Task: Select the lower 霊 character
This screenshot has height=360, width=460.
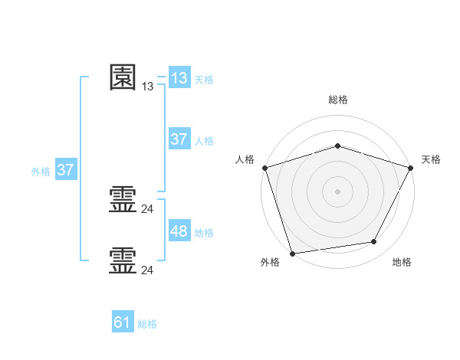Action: pyautogui.click(x=123, y=260)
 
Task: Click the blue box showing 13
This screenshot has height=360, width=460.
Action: pyautogui.click(x=179, y=77)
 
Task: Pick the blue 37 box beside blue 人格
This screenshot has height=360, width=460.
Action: pyautogui.click(x=179, y=139)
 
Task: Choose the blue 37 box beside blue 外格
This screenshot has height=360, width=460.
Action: pyautogui.click(x=66, y=170)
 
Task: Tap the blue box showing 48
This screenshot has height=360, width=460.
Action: pyautogui.click(x=179, y=231)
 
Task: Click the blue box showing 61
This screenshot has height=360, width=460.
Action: pyautogui.click(x=123, y=322)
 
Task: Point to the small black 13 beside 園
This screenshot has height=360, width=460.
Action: pyautogui.click(x=147, y=87)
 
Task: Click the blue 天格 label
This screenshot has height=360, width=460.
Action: pyautogui.click(x=204, y=80)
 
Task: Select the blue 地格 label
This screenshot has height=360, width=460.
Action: pyautogui.click(x=204, y=233)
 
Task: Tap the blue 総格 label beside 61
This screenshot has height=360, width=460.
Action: pyautogui.click(x=147, y=325)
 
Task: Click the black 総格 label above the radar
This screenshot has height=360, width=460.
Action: pyautogui.click(x=337, y=100)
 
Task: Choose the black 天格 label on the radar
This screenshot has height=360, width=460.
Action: pyautogui.click(x=431, y=159)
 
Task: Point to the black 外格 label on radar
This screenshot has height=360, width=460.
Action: pyautogui.click(x=270, y=263)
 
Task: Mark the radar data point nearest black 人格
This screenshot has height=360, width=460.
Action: pyautogui.click(x=264, y=167)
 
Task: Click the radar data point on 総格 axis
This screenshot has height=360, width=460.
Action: pyautogui.click(x=337, y=146)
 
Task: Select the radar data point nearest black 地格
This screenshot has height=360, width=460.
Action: pyautogui.click(x=374, y=242)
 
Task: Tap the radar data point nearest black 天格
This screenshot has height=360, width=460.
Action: pyautogui.click(x=410, y=167)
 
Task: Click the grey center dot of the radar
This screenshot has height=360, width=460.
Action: pyautogui.click(x=337, y=191)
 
